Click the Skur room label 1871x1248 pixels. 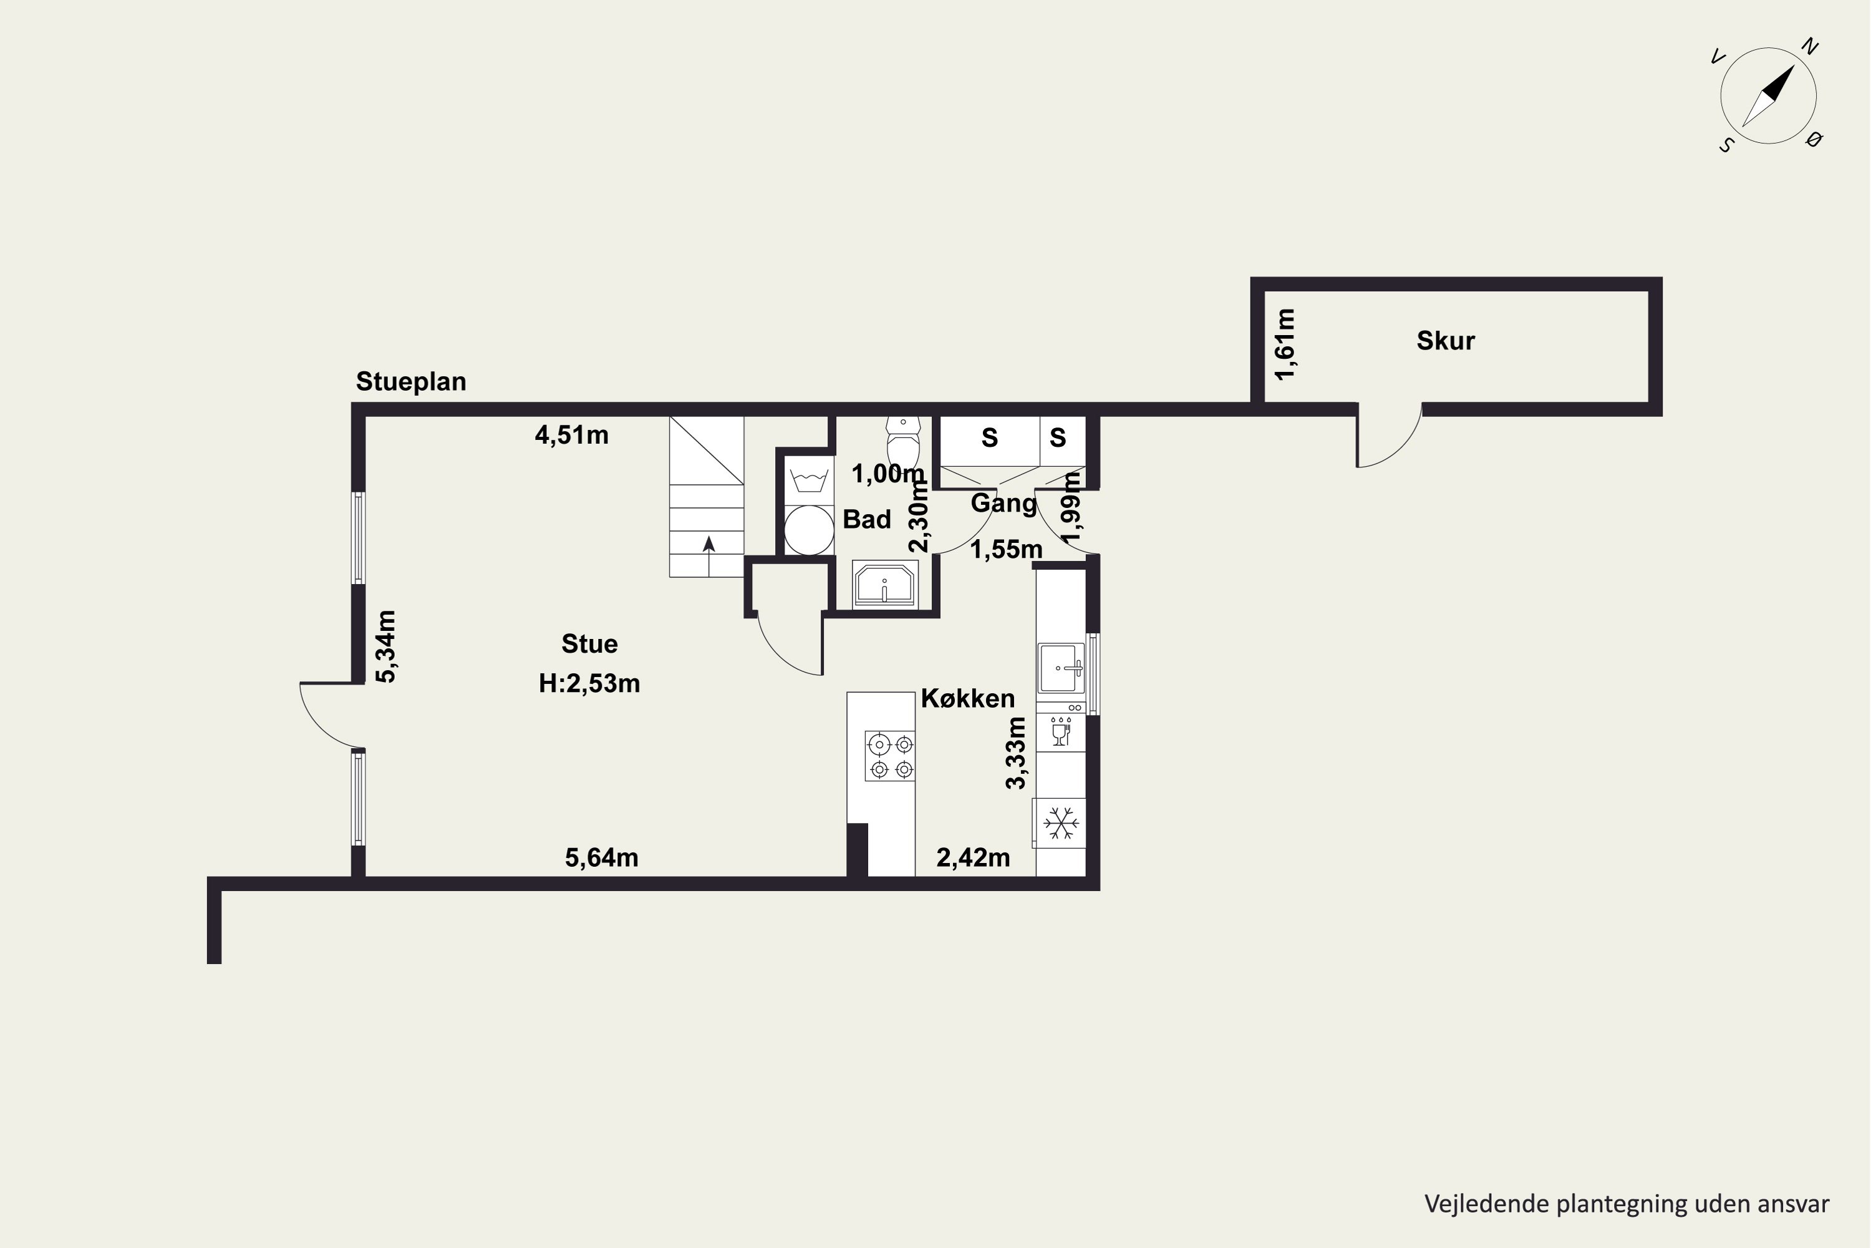(1446, 341)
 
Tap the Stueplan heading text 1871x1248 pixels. (410, 382)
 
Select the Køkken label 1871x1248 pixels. (967, 698)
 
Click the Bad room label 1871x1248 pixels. (866, 519)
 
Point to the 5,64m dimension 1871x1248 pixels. (601, 857)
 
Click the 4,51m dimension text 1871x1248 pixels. (571, 434)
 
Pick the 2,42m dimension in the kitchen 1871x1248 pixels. (973, 857)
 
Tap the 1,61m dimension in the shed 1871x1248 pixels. (1285, 344)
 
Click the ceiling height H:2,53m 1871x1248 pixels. (589, 683)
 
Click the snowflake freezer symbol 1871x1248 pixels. (1060, 823)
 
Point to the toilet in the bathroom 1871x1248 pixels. (903, 441)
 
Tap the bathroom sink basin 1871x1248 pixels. (884, 584)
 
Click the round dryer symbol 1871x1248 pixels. (809, 529)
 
